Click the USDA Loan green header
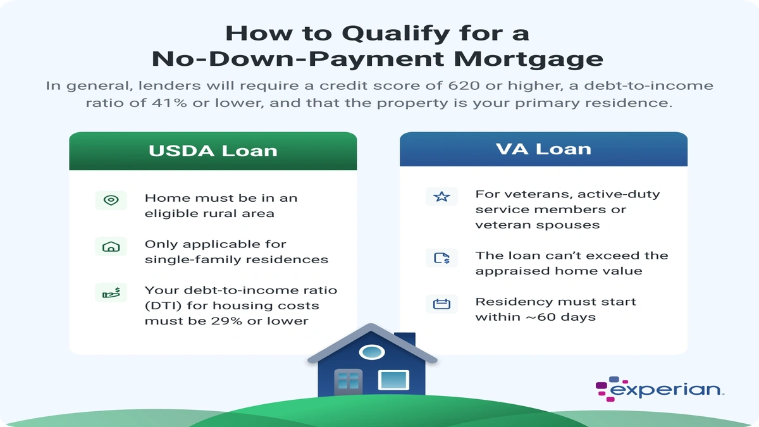[x=213, y=151]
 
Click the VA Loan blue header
[x=543, y=149]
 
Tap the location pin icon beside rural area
[x=111, y=200]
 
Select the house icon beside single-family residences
[x=111, y=246]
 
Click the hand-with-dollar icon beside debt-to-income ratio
[x=111, y=292]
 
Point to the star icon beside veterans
[x=441, y=197]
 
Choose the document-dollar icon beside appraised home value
[x=441, y=257]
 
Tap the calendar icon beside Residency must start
[x=441, y=304]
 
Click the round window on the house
[x=371, y=352]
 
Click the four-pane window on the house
[x=349, y=380]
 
